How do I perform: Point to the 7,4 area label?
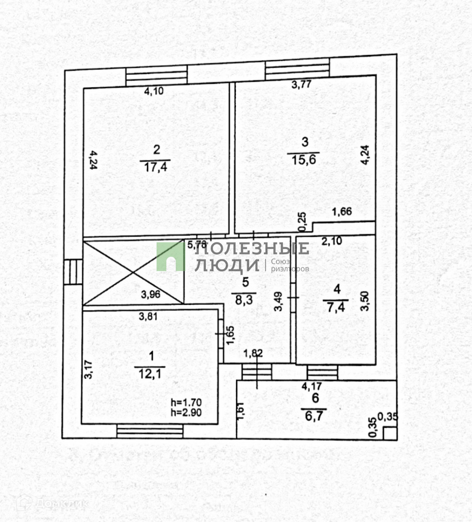[336, 306]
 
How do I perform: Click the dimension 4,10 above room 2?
[154, 91]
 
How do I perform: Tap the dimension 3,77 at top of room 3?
[302, 84]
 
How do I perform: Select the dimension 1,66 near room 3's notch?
[342, 213]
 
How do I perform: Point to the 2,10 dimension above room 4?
[332, 241]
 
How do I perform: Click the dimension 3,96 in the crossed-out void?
[150, 295]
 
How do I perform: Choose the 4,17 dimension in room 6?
[312, 386]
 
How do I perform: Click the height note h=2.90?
[186, 412]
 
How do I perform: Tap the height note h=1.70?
[186, 403]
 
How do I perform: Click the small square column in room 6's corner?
[390, 433]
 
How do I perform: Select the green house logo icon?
[170, 256]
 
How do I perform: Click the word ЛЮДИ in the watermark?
[227, 265]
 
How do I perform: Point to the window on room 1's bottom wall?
[150, 432]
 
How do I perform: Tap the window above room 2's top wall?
[156, 75]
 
